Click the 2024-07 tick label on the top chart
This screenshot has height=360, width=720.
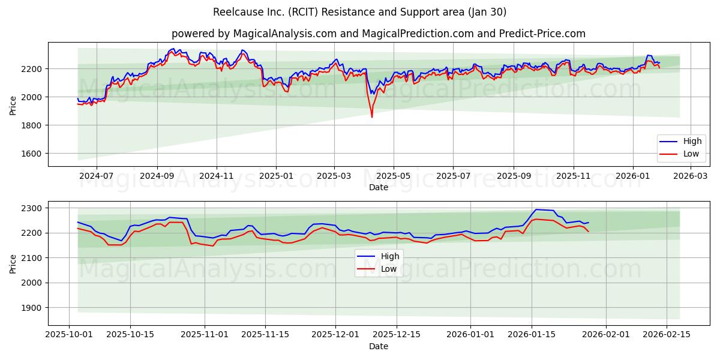[x=97, y=176]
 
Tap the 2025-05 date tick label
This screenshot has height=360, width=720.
[x=394, y=176]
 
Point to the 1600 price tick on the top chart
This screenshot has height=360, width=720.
[x=31, y=154]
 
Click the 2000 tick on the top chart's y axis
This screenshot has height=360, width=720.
[x=31, y=97]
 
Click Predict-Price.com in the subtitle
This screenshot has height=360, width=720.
[x=542, y=34]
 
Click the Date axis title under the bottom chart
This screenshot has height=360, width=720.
[x=378, y=346]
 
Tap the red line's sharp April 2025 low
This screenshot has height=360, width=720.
[x=371, y=117]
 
